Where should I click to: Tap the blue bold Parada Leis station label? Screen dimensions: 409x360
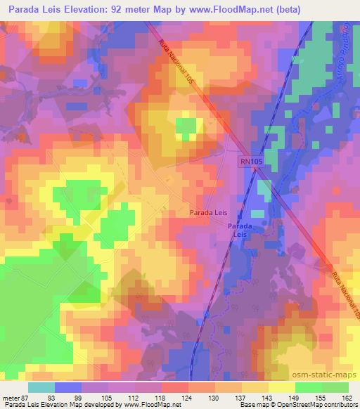pos(239,231)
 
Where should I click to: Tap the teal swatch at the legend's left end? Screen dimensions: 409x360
pos(41,387)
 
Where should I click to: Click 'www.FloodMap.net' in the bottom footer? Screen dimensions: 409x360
pos(144,405)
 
